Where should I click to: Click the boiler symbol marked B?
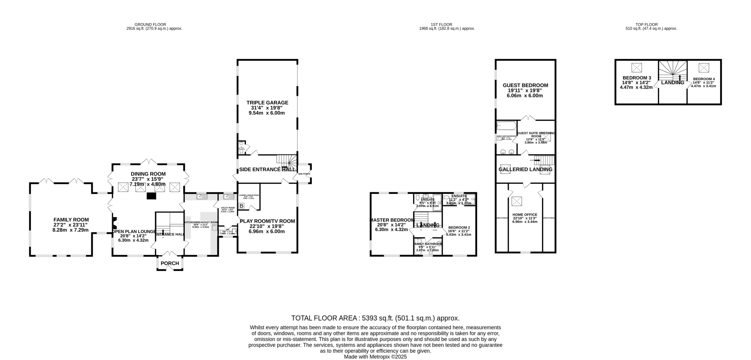point(241,206)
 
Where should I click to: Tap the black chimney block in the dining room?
point(151,196)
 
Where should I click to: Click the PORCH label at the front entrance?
point(170,263)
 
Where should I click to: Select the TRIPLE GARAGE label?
point(267,103)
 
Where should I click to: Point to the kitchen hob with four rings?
point(215,228)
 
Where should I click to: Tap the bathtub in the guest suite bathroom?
point(506,126)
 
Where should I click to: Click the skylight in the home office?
point(517,201)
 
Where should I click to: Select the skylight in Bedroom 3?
point(637,68)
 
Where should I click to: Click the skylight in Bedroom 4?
point(704,68)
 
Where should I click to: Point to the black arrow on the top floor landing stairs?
point(680,77)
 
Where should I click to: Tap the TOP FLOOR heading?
point(651,25)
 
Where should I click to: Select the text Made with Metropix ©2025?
point(375,357)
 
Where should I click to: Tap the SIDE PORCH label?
point(304,174)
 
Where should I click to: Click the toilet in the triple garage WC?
point(241,150)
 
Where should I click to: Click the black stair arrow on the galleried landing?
point(538,160)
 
